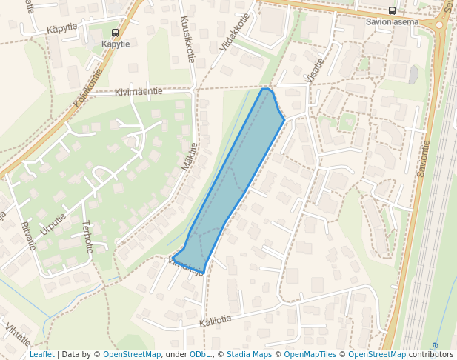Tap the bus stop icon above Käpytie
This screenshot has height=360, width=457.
pyautogui.click(x=115, y=33)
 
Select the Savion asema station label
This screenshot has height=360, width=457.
pyautogui.click(x=392, y=21)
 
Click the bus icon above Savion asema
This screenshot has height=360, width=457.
pyautogui.click(x=392, y=10)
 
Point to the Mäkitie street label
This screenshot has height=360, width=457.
pyautogui.click(x=188, y=156)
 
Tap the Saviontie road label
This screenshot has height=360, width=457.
pyautogui.click(x=423, y=159)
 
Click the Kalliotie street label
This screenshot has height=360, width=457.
pyautogui.click(x=216, y=320)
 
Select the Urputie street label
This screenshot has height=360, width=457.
pyautogui.click(x=53, y=224)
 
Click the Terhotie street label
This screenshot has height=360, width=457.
pyautogui.click(x=87, y=237)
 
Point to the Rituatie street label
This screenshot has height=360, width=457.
pyautogui.click(x=29, y=236)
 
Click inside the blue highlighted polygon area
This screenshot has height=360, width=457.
pyautogui.click(x=230, y=178)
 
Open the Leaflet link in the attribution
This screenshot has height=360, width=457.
pyautogui.click(x=41, y=355)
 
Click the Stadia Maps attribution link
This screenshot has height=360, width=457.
pyautogui.click(x=248, y=355)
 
